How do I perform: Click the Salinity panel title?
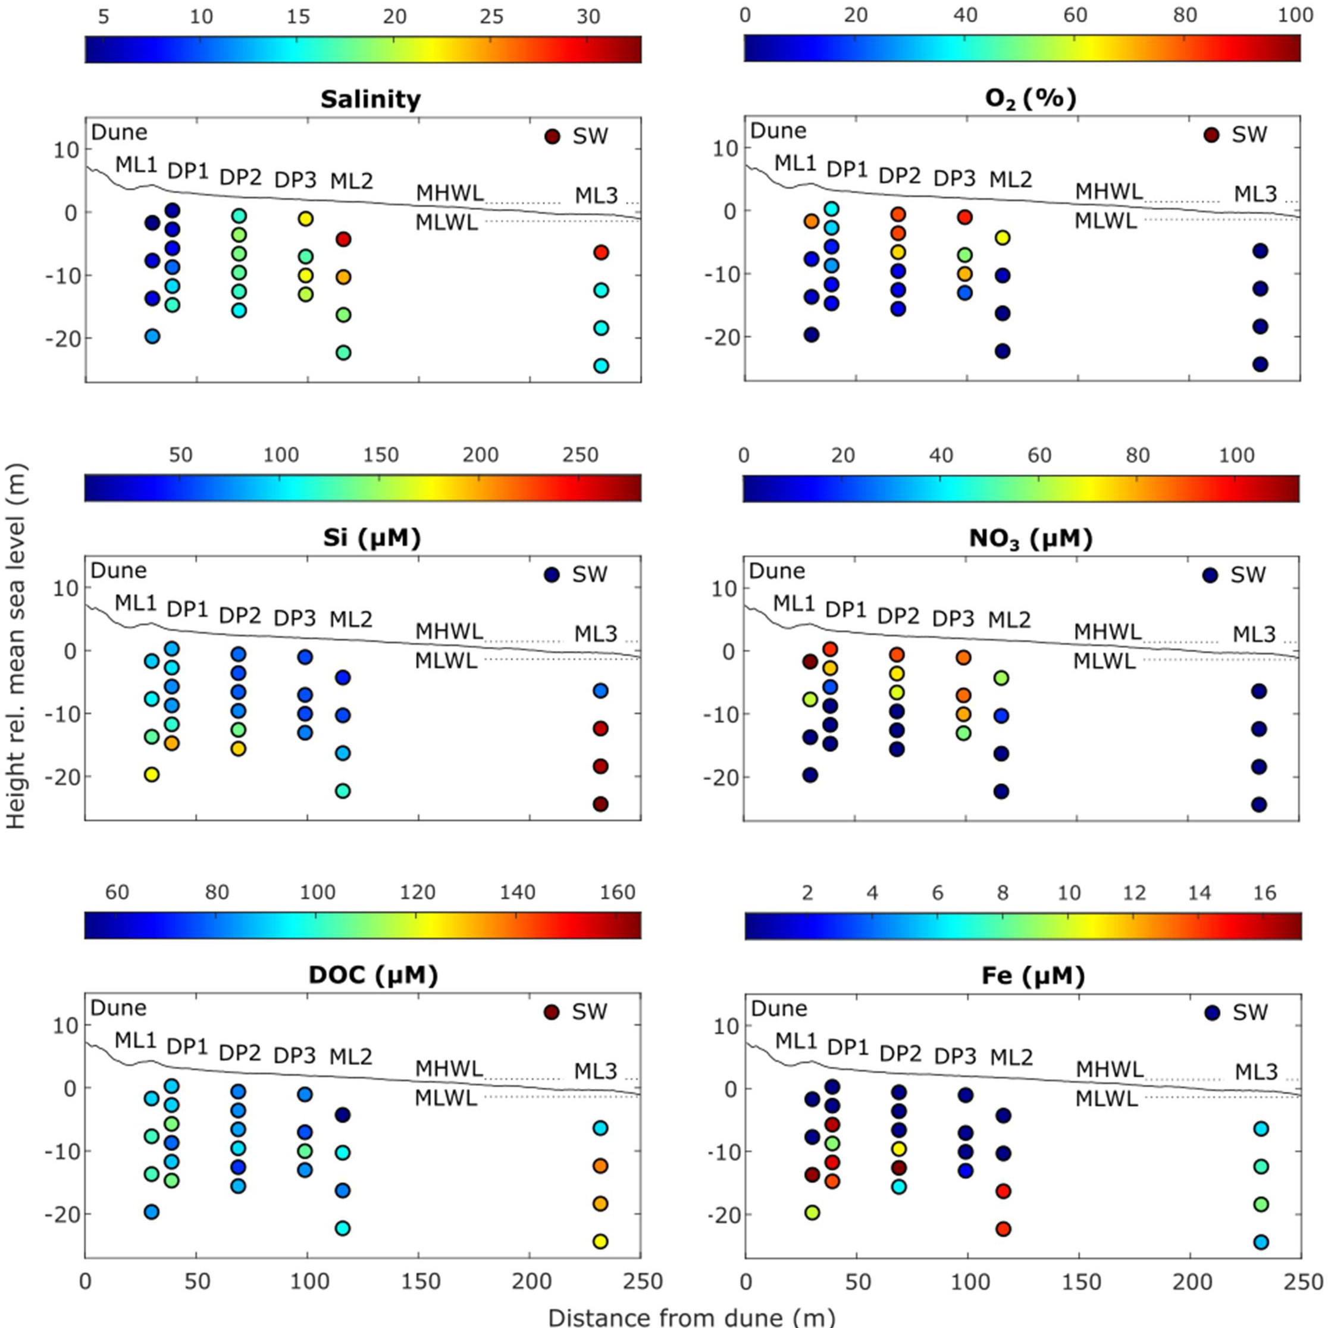coord(370,100)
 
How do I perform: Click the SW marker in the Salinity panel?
coord(552,136)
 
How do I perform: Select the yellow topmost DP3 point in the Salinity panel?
coord(305,218)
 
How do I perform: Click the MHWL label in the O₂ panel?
coord(1108,192)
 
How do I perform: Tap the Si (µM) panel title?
coord(371,538)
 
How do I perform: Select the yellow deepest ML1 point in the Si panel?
coord(151,775)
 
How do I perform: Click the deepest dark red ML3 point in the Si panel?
coord(600,804)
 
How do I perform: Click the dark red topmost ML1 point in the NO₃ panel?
coord(810,662)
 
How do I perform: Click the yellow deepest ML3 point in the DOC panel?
coord(600,1241)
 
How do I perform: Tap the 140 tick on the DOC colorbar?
coord(517,892)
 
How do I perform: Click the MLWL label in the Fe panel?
coord(1107,1098)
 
